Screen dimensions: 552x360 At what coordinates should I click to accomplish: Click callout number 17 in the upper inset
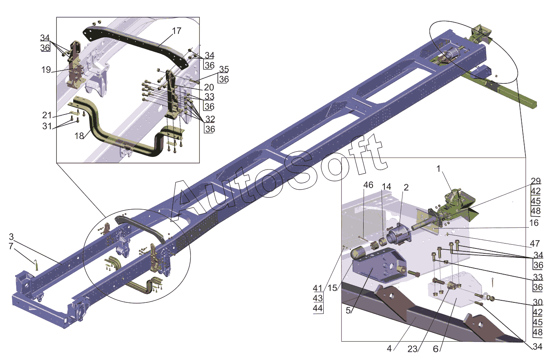coord(177,31)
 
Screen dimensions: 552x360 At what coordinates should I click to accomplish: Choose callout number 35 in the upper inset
coord(223,69)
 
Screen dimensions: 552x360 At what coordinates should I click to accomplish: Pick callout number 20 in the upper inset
coord(209,87)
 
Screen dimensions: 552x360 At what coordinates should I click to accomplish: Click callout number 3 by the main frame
coord(11,237)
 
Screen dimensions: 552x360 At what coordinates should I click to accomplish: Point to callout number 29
coord(536,181)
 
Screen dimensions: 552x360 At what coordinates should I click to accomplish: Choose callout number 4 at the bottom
coord(389,349)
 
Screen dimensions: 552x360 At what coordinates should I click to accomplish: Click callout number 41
coord(317,287)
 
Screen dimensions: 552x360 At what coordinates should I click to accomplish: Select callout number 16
coord(534,223)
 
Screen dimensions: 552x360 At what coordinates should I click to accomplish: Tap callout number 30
coord(538,303)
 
